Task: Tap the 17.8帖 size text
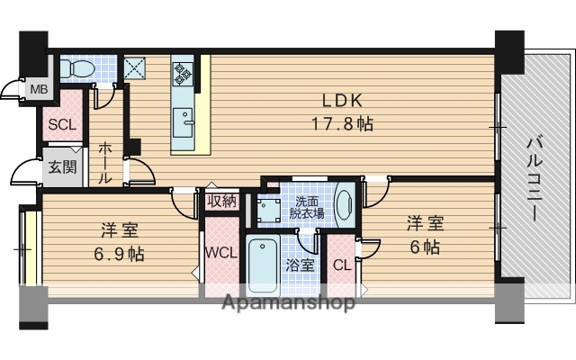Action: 341,124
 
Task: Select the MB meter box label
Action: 39,88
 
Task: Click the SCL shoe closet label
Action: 62,124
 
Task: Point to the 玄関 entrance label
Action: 61,166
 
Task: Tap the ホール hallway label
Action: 105,163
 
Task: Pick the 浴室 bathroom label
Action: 300,265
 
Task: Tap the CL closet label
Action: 341,265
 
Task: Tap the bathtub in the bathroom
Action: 265,265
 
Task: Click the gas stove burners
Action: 184,73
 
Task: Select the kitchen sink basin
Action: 184,119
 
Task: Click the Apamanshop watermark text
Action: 288,302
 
